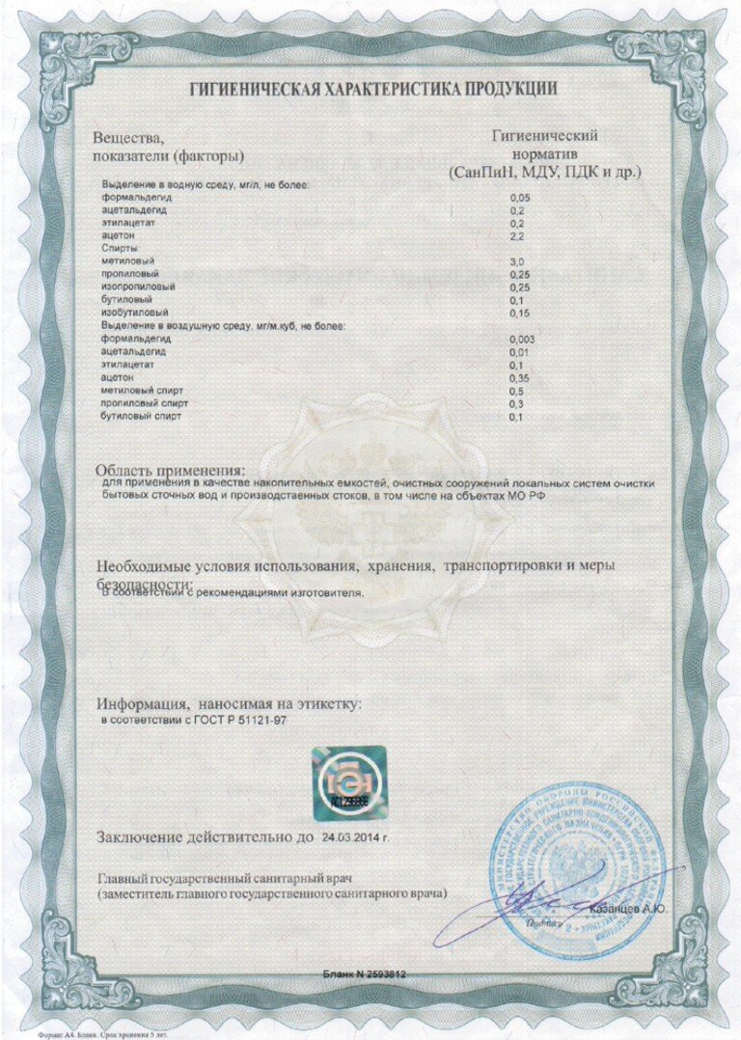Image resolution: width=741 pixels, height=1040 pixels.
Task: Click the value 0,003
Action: [522, 340]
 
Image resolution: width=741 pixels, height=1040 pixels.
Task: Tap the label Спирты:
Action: [122, 249]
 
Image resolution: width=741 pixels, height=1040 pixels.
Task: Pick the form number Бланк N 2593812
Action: [364, 974]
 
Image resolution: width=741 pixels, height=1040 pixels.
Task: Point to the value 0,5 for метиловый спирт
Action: [516, 392]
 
